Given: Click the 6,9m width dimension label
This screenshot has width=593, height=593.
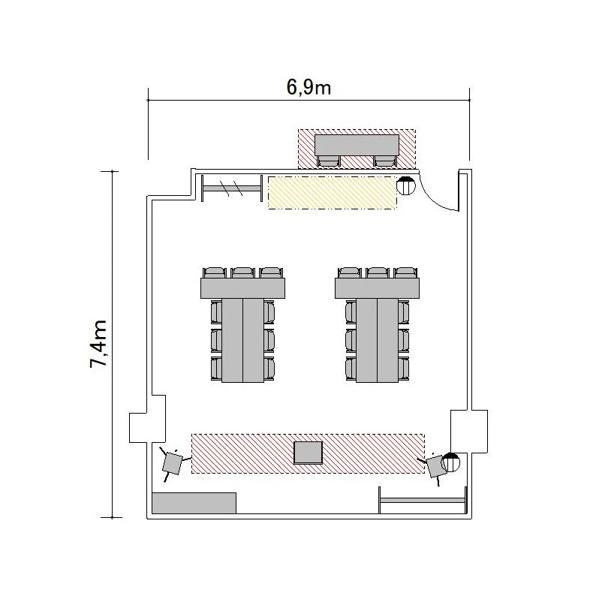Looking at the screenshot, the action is [x=309, y=87].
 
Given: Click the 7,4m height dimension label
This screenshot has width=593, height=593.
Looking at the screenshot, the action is [x=98, y=344].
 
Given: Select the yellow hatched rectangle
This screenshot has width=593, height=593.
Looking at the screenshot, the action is [x=333, y=192].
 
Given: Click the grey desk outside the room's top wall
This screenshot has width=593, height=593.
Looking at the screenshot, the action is [x=357, y=145].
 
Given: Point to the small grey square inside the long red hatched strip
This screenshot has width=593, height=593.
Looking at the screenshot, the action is [x=309, y=453].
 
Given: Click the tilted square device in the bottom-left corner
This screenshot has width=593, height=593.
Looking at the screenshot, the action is [x=173, y=463].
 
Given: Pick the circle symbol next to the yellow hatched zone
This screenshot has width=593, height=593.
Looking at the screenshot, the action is [x=406, y=185].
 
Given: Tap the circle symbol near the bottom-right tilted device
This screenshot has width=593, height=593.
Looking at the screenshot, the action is [x=451, y=462].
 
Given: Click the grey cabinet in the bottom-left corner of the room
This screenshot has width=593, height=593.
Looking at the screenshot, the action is [x=194, y=503].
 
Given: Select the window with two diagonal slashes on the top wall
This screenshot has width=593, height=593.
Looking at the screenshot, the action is [x=232, y=188].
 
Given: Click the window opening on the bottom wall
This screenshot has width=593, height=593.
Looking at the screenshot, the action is [x=423, y=500].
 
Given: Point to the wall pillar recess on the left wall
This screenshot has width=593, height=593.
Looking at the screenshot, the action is [x=147, y=419].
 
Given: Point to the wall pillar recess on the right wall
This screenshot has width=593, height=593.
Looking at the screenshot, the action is [x=469, y=431].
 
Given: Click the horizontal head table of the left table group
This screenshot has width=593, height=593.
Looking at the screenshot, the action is [x=242, y=288].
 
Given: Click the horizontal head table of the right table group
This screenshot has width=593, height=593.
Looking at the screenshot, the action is [x=377, y=288].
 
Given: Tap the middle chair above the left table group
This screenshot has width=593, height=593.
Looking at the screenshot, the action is [x=242, y=272].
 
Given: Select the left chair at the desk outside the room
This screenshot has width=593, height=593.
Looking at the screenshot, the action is [x=328, y=161].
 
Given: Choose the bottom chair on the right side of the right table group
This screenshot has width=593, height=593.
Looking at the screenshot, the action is [x=404, y=369].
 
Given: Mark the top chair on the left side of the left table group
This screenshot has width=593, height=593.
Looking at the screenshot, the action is [x=216, y=312].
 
